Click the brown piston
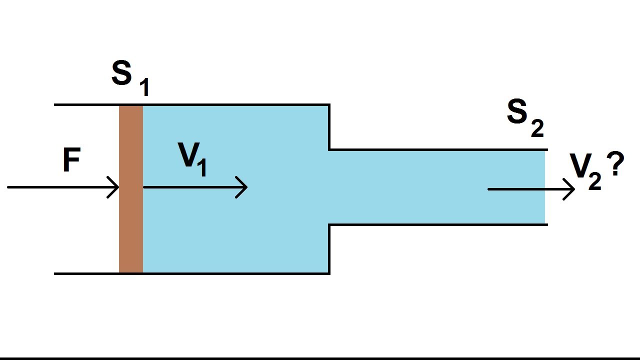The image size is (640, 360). [x=131, y=189]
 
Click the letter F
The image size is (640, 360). [x=71, y=161]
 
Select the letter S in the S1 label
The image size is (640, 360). [x=122, y=73]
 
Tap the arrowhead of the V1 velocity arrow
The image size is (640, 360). [x=244, y=187]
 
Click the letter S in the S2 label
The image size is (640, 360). [x=517, y=112]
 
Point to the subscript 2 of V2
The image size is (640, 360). [x=594, y=181]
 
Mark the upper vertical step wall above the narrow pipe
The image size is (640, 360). [x=329, y=127]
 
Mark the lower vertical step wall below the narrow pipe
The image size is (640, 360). [x=329, y=249]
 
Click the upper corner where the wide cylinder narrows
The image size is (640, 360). [x=329, y=105]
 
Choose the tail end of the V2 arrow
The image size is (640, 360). [x=489, y=189]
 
